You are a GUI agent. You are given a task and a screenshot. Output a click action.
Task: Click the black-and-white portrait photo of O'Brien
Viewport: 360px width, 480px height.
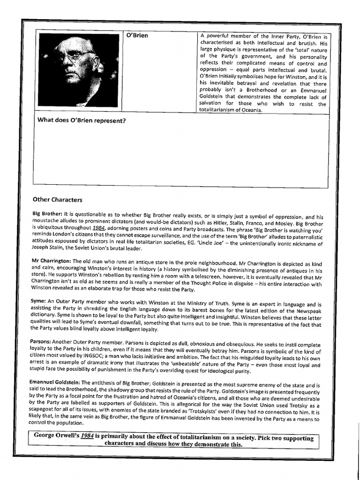79,70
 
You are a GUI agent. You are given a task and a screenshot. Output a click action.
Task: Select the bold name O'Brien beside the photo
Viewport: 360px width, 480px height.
137,36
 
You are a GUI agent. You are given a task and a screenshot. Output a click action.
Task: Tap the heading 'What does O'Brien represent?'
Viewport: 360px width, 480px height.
82,120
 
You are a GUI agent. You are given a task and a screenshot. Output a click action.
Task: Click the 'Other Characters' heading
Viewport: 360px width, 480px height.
58,199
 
